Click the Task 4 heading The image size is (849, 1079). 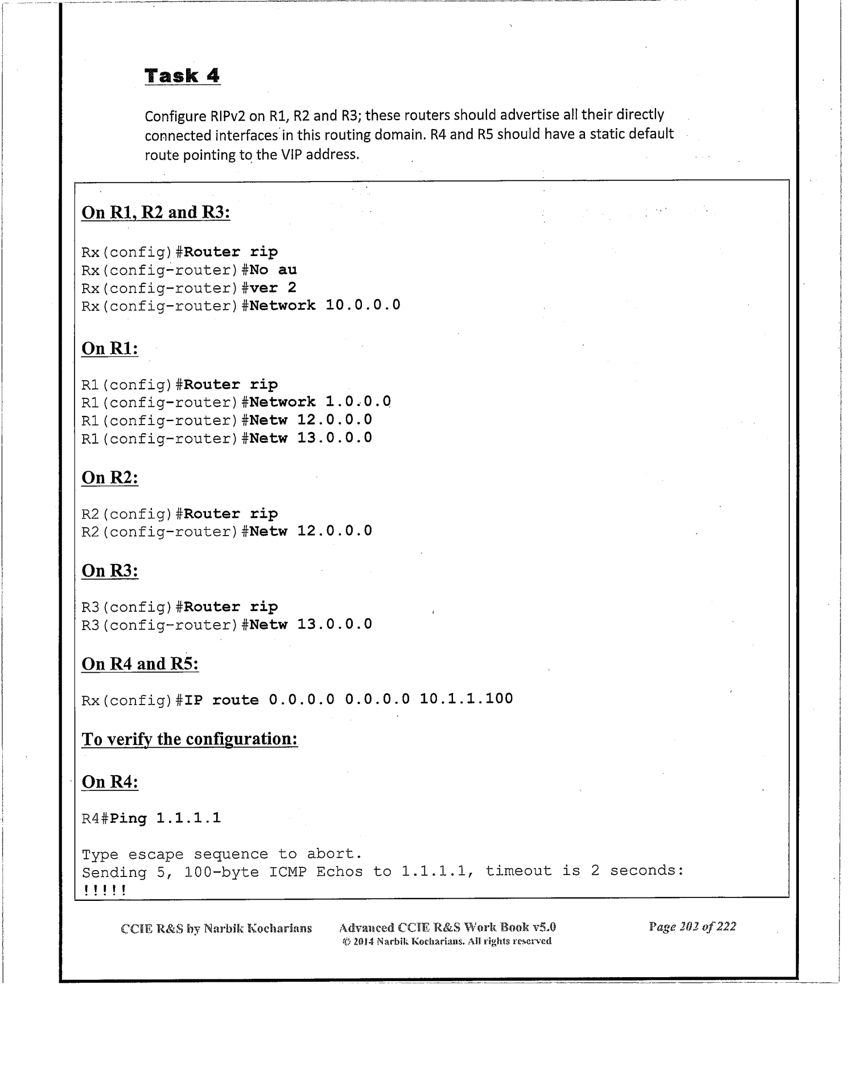point(182,76)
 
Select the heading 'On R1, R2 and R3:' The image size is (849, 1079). point(155,212)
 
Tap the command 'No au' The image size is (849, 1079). point(273,270)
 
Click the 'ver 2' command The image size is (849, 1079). point(273,288)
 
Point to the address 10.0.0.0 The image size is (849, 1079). point(362,306)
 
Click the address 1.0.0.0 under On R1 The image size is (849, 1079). point(358,402)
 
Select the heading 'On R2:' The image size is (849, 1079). point(110,477)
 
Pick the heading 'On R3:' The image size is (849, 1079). point(110,571)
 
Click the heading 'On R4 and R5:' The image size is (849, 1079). point(140,664)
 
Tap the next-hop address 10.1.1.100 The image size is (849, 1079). point(466,699)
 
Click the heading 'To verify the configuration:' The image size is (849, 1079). point(189,739)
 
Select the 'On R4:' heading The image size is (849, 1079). point(110,782)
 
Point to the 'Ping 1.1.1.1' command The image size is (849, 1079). point(165,819)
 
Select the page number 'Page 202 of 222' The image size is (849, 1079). point(692,927)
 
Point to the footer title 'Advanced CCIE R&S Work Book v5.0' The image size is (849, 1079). point(447,927)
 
